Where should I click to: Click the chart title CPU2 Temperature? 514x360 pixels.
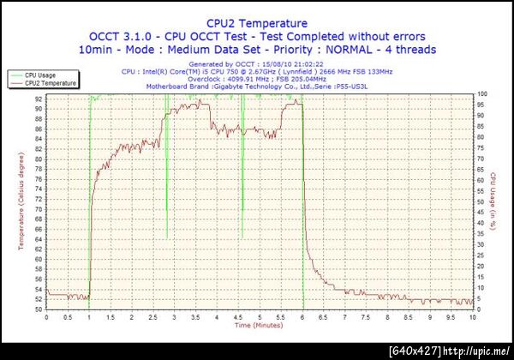coord(255,23)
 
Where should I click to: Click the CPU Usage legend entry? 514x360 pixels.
coord(42,75)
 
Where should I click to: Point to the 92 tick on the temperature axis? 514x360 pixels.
coord(39,99)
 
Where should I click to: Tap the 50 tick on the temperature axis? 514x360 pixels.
coord(39,309)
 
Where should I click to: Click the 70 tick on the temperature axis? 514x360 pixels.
coord(39,209)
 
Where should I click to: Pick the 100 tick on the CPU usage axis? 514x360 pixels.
coord(483,93)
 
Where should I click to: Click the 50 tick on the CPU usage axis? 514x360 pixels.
coord(482,201)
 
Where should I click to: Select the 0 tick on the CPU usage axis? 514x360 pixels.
coord(481,309)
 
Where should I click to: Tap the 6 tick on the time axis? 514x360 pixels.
coord(302,316)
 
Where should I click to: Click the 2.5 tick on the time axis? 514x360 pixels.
coord(152,316)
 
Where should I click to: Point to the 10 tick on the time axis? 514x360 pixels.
coord(473,316)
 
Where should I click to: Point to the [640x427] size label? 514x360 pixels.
coord(415,351)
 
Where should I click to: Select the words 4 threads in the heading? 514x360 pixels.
coord(396,50)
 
